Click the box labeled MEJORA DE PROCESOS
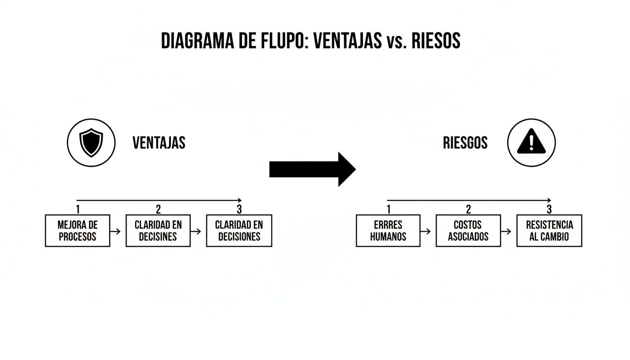tap(77, 231)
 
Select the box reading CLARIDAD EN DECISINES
tap(158, 231)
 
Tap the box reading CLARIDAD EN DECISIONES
tap(239, 231)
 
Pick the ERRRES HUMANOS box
tap(388, 231)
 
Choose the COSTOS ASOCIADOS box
tap(468, 231)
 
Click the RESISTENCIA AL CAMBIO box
tap(549, 231)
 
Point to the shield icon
tap(91, 142)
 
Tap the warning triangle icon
tap(531, 142)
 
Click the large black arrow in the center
tap(312, 169)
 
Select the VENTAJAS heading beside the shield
tap(159, 142)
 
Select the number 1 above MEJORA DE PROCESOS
tap(77, 209)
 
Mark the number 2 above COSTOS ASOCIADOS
tap(468, 209)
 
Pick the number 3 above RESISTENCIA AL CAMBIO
tap(549, 209)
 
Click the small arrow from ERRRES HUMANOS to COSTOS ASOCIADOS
tap(426, 231)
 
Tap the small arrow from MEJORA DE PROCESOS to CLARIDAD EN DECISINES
tap(115, 231)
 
